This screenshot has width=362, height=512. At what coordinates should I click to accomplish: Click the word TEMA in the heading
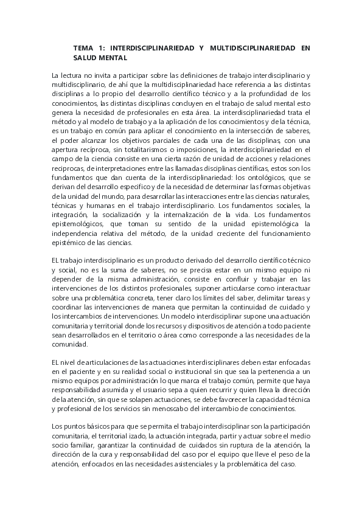[x=82, y=47]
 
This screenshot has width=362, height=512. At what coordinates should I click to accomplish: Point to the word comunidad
[x=71, y=345]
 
